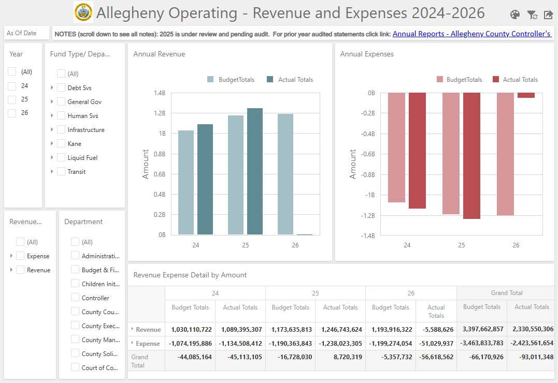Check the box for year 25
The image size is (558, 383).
click(12, 99)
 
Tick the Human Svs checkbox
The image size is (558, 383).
click(61, 115)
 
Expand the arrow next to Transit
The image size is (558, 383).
click(52, 171)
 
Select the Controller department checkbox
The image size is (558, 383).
click(75, 298)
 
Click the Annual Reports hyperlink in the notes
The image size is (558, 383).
click(471, 34)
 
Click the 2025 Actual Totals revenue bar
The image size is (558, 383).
click(255, 171)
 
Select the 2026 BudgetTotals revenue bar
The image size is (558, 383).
click(285, 174)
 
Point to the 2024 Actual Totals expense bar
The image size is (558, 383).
click(417, 151)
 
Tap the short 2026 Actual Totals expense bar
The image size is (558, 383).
click(526, 95)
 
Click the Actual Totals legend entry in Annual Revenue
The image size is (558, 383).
click(290, 80)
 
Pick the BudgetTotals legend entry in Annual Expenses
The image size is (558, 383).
click(459, 80)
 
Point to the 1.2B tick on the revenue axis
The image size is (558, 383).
click(160, 113)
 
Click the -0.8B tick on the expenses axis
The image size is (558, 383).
click(368, 174)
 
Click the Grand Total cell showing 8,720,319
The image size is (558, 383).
click(348, 357)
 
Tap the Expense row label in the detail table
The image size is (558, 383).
click(148, 344)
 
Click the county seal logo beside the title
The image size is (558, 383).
click(83, 12)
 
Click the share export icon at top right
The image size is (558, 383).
click(548, 14)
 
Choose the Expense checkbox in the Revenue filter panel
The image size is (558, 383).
click(20, 256)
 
